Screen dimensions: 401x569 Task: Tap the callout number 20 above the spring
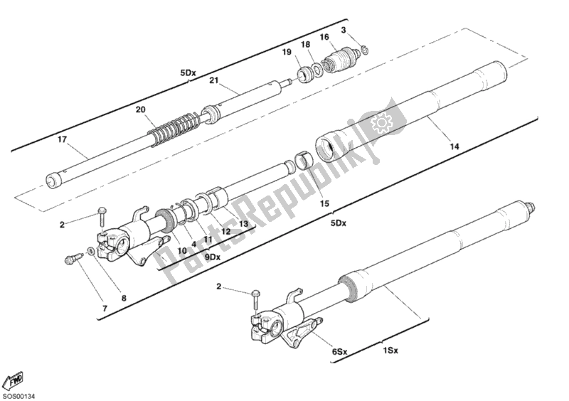[x=141, y=109]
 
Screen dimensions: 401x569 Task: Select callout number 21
[x=213, y=80]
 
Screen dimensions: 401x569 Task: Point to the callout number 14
[x=454, y=146]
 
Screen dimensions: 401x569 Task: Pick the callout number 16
[x=324, y=38]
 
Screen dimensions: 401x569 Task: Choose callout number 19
[x=287, y=53]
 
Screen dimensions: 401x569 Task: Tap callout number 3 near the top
[x=344, y=30]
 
